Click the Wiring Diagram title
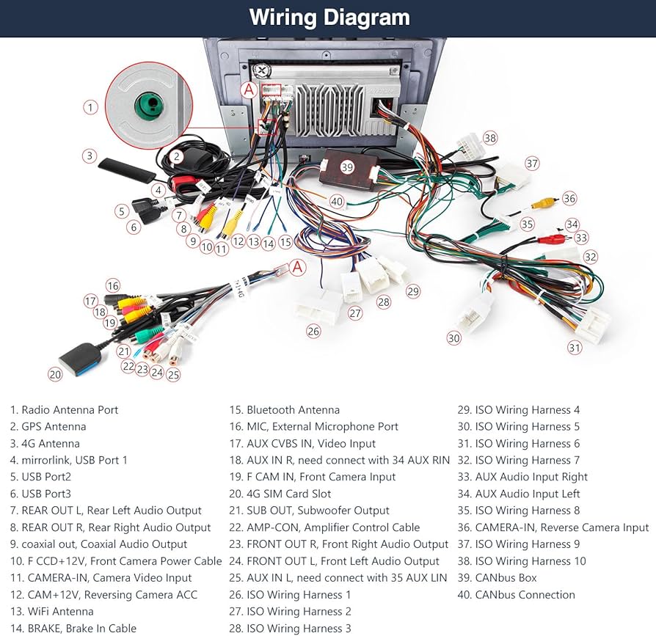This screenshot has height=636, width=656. (329, 18)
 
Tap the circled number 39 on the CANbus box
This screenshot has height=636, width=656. (347, 167)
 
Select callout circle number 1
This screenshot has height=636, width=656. (90, 108)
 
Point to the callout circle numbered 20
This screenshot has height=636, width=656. (55, 374)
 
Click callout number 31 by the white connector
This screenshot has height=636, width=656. (575, 347)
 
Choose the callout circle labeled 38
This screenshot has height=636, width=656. (490, 138)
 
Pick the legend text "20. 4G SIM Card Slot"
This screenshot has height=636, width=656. (280, 494)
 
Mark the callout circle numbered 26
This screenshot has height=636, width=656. (314, 331)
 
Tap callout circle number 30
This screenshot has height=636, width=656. (454, 337)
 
